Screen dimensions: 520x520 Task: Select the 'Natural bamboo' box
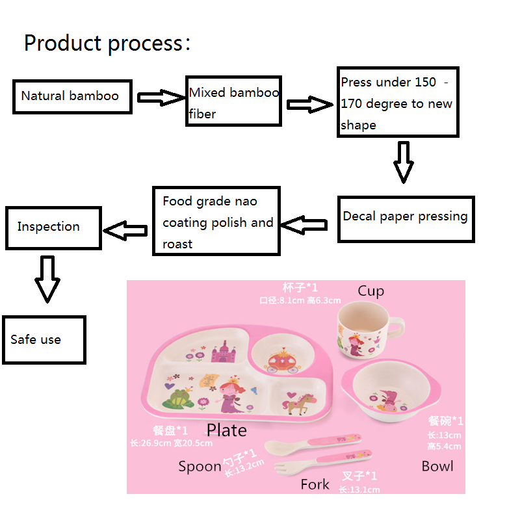pos(73,96)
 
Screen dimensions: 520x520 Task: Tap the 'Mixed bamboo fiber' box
pos(234,103)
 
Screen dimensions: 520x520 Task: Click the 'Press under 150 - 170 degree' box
pos(398,103)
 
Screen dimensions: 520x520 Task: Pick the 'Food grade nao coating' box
pos(216,221)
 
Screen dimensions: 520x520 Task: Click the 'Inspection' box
pos(53,227)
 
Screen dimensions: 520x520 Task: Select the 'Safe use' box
pos(44,339)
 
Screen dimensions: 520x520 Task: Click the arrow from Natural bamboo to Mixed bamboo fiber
pos(161,98)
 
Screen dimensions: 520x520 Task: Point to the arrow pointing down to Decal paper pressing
pos(404,162)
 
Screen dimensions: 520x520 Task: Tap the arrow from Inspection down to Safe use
pos(47,279)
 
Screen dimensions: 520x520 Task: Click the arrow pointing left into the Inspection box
pos(126,229)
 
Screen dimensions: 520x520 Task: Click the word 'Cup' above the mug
pos(370,291)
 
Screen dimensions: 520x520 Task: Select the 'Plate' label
pos(226,430)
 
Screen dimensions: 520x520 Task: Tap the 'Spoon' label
pos(200,467)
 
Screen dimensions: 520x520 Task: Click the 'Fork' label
pos(315,484)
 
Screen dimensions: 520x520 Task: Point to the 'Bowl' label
pos(437,466)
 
